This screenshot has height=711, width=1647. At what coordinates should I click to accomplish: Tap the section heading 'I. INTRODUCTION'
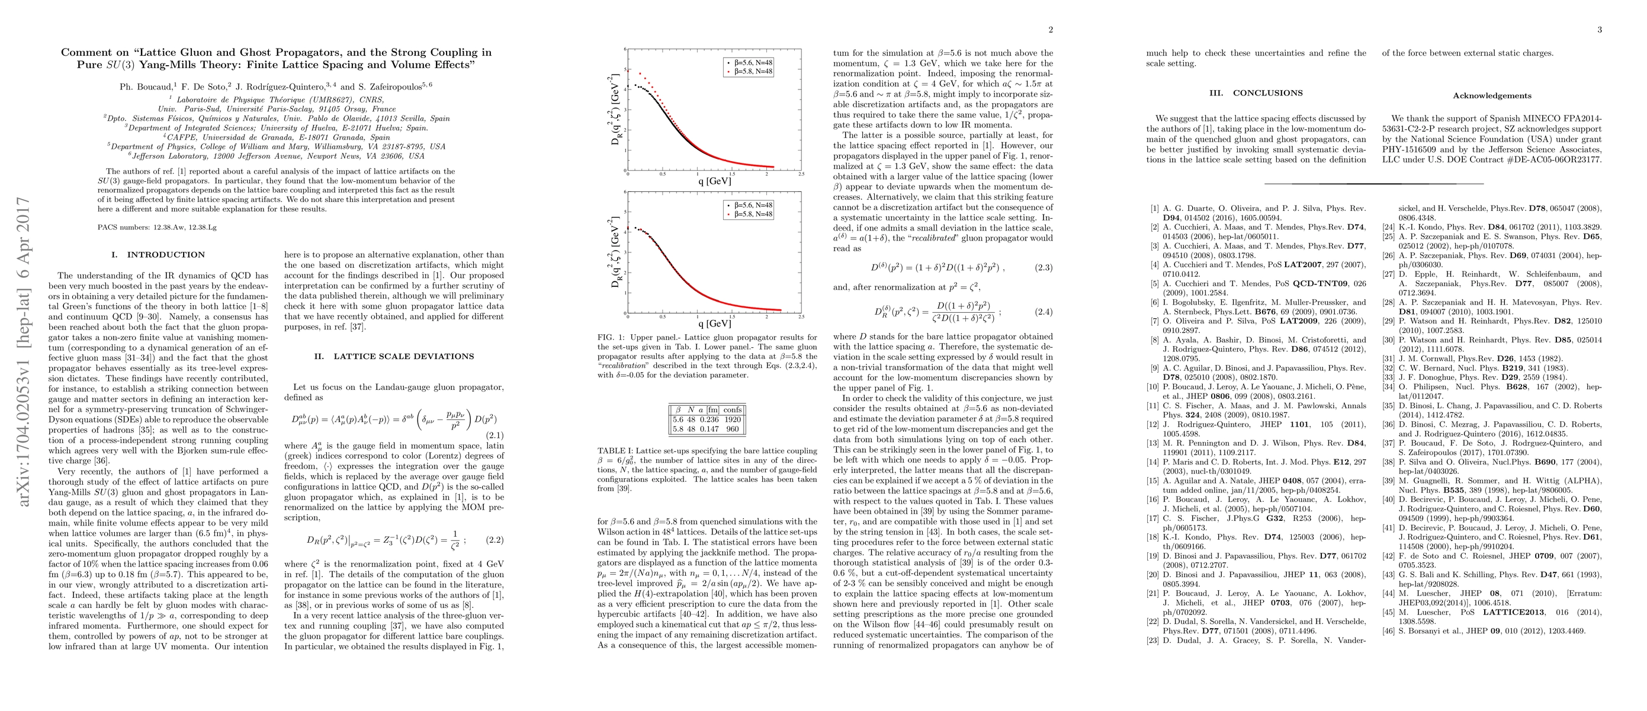pos(158,254)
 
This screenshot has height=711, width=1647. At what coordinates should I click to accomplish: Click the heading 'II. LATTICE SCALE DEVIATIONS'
pos(394,356)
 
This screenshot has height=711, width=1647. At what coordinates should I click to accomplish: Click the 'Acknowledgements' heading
pos(1492,96)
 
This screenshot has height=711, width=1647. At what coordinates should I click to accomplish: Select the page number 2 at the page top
pos(1051,30)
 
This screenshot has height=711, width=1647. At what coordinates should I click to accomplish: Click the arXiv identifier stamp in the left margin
pos(24,352)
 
